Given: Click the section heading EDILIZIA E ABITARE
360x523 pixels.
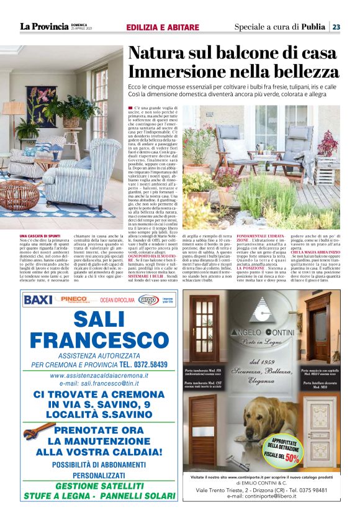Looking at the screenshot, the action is tap(163, 27).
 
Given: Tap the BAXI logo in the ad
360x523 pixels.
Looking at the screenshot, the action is tap(38, 299).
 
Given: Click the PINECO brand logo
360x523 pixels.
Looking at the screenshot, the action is tap(73, 299).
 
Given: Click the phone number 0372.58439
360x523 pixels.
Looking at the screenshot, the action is tap(150, 364).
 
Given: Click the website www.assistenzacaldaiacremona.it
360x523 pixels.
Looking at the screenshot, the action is tap(99, 375).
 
